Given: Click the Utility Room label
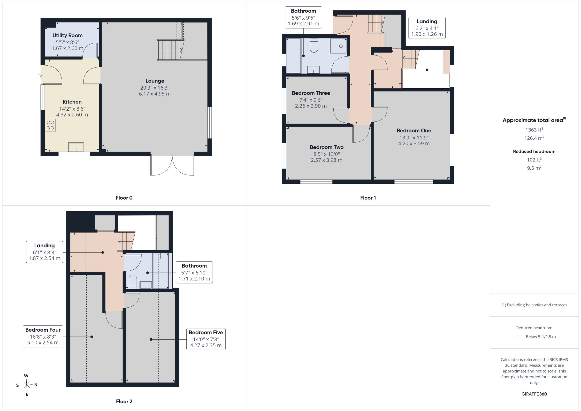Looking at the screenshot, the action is (x=67, y=35).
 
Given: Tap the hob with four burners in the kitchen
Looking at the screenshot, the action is (x=50, y=125).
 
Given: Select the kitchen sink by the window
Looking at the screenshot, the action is (x=76, y=147).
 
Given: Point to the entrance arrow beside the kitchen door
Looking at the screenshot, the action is (x=40, y=75).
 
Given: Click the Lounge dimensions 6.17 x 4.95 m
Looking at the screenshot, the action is (x=155, y=94).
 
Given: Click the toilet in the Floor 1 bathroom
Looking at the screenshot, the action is (x=314, y=46).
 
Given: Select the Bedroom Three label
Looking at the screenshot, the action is (x=311, y=93).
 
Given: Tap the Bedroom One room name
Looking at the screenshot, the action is (x=414, y=131).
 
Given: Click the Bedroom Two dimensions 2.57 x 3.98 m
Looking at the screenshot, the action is (x=326, y=160).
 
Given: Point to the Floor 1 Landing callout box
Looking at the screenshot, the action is (x=427, y=28).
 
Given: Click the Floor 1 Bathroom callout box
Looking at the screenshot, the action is (x=303, y=17).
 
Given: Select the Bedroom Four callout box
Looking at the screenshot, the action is (x=43, y=336).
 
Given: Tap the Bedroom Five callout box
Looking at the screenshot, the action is (x=206, y=339).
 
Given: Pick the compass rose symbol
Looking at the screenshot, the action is (x=27, y=385).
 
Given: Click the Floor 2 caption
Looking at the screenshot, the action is (x=124, y=401).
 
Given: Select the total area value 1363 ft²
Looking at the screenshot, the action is (x=534, y=130).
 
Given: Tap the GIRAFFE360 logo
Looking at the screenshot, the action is (x=534, y=394).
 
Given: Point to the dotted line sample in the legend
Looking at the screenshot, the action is (x=518, y=337).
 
